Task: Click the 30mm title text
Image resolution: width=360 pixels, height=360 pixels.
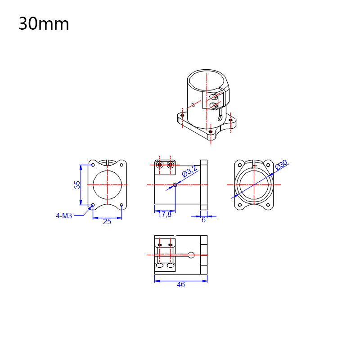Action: [44, 24]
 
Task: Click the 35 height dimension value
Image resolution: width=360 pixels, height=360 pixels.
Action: [77, 184]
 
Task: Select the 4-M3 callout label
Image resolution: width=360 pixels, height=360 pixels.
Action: [64, 216]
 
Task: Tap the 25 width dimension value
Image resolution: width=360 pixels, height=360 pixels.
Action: [107, 221]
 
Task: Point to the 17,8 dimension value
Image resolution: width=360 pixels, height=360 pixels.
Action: [164, 215]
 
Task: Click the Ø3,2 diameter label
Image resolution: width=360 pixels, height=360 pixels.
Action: [189, 171]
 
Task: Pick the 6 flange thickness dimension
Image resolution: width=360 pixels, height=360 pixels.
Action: [203, 220]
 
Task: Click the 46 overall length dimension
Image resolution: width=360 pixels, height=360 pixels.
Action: [180, 284]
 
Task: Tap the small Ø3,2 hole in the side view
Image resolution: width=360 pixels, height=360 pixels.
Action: [175, 184]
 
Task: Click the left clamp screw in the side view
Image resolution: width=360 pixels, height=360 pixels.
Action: [160, 165]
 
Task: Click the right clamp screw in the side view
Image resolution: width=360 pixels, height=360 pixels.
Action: [170, 165]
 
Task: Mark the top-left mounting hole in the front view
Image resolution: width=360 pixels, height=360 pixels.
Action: [93, 165]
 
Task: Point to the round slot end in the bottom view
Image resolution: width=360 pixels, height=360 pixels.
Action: [191, 255]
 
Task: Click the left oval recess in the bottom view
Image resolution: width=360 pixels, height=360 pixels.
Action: [160, 266]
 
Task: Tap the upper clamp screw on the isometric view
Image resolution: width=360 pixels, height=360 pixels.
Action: [215, 96]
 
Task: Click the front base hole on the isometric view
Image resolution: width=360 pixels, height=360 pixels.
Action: [211, 131]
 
